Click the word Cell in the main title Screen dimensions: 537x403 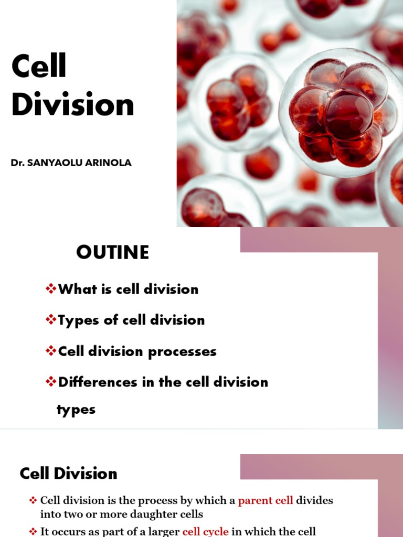point(39,67)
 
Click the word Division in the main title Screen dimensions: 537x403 point(72,105)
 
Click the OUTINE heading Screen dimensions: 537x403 point(112,253)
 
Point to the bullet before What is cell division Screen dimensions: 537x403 point(51,289)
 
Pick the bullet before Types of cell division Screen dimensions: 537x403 point(51,320)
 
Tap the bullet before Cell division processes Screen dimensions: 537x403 point(51,351)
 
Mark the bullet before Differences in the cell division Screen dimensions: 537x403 point(51,382)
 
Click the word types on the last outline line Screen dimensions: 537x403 point(76,410)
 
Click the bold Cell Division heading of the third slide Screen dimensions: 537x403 point(68,474)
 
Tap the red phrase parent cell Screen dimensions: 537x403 point(265,500)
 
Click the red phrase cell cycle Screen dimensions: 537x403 point(205,531)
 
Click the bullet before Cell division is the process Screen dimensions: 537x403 point(33,501)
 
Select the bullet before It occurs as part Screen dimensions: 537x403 point(33,531)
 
